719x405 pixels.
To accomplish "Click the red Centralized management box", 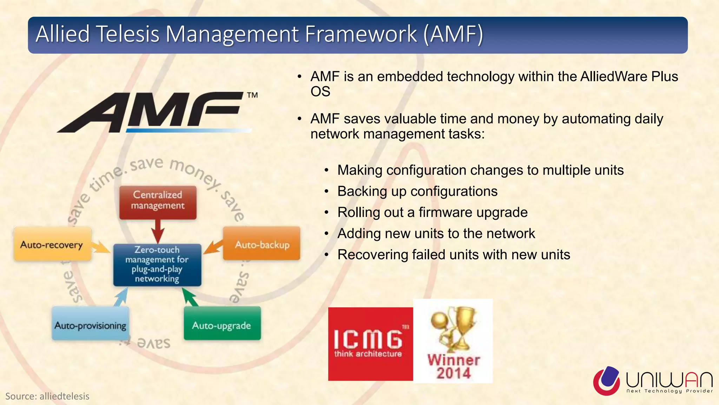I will [x=158, y=202].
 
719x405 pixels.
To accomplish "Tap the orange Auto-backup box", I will [x=262, y=244].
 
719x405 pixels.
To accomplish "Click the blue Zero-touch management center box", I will [x=157, y=264].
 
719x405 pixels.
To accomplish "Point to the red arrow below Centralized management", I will [x=158, y=231].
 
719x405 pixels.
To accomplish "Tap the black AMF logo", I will [x=151, y=112].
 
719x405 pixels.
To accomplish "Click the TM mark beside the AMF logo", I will [x=252, y=95].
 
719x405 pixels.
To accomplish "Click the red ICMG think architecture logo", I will [x=370, y=344].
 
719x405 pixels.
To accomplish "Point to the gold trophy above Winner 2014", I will [x=455, y=327].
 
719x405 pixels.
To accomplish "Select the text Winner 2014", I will [x=454, y=366].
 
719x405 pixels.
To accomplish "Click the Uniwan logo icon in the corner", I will [x=606, y=380].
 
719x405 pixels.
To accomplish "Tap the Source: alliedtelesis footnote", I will [x=47, y=396].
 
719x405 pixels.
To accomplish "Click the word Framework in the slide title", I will [x=360, y=34].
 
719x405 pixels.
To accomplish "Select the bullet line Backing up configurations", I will [x=417, y=191].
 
